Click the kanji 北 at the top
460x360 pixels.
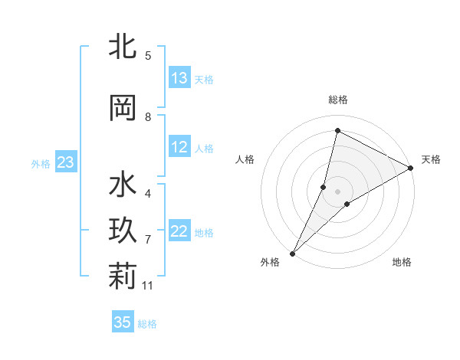122,47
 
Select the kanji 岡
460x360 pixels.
122,108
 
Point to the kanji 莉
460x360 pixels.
122,277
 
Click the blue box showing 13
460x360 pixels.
179,78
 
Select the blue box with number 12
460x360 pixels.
179,148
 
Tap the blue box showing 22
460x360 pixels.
179,232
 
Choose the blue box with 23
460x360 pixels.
65,162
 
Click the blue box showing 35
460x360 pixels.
123,322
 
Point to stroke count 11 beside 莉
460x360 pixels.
148,286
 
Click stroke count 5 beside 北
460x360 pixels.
148,55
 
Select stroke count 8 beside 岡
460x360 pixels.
148,117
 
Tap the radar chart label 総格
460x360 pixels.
338,100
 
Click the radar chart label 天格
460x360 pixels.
431,159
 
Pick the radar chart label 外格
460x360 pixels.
270,263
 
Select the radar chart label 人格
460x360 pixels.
245,159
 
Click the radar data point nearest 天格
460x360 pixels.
411,168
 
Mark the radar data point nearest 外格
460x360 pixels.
293,253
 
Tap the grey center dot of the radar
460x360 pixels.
338,191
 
